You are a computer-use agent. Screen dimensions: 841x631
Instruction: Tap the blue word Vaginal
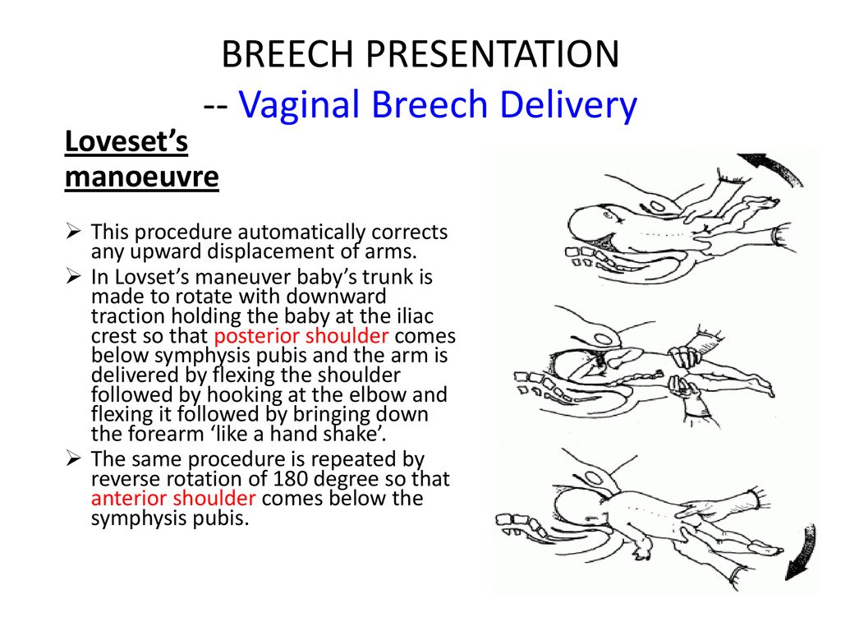click(298, 105)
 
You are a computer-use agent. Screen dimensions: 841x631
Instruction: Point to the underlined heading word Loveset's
click(126, 141)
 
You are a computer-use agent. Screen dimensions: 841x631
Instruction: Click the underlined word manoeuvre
click(141, 177)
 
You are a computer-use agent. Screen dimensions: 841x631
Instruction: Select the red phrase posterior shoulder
click(301, 336)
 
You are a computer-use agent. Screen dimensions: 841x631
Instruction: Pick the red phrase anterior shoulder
click(173, 499)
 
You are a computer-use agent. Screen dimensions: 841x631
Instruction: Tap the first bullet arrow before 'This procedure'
click(73, 232)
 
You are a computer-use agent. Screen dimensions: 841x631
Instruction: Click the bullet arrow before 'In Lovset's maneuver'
click(73, 277)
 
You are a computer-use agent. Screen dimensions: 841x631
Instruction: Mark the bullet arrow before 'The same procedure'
click(73, 459)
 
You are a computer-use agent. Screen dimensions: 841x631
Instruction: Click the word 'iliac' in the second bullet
click(416, 316)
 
